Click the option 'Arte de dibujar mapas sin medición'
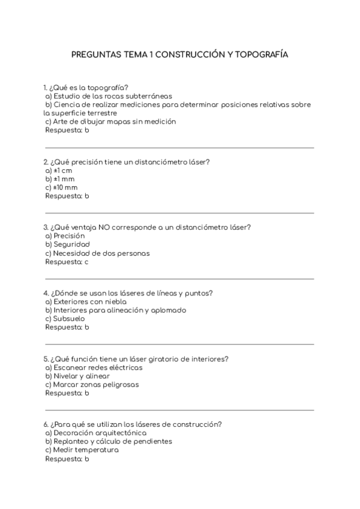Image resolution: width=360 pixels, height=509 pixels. point(110,121)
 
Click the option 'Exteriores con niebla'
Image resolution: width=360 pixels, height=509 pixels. point(87,302)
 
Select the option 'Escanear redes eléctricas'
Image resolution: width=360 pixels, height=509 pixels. point(94,367)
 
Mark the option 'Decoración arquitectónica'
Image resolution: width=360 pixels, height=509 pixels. point(95,433)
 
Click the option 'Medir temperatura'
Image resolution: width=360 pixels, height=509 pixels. point(81,450)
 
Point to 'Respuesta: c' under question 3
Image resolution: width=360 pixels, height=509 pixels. point(67,262)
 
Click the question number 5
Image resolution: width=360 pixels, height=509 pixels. point(46,359)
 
